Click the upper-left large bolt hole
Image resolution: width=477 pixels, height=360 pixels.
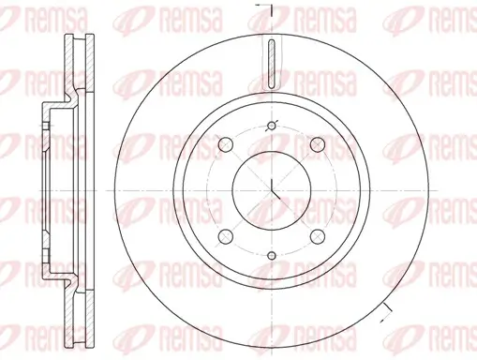coord(226,144)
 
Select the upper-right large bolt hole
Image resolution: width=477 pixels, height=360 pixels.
coord(316,144)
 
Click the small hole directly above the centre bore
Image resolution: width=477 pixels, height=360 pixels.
coord(271,127)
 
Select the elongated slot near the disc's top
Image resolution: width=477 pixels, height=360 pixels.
coord(271,66)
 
